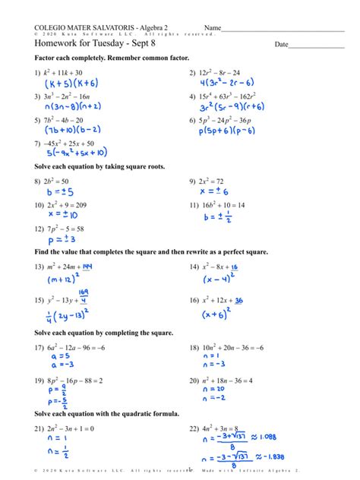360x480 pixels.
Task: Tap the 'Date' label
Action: click(x=282, y=45)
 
